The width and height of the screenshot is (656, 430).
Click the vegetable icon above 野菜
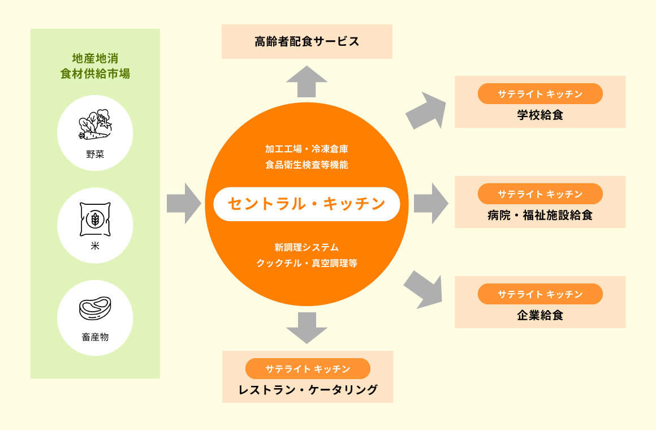point(94,125)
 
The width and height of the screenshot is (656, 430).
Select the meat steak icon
point(95,309)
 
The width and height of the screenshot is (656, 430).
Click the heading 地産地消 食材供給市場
point(95,66)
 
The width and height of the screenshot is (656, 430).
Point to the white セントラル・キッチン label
point(307,204)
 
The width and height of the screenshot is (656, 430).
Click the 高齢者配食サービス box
point(307,41)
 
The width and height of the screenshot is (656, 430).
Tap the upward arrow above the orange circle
point(307,81)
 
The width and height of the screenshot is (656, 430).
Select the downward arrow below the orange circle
point(307,327)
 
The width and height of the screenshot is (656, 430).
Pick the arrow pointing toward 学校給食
point(425,110)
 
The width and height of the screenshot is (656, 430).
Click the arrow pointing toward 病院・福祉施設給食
point(430,203)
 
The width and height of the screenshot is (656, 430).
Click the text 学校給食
point(540,115)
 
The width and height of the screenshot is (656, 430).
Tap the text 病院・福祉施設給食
point(540,216)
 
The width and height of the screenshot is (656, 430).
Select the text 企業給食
point(540,316)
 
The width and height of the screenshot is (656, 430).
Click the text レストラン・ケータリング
point(308,390)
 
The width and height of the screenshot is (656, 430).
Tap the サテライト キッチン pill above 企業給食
point(540,294)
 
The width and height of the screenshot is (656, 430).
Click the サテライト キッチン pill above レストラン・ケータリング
point(308,369)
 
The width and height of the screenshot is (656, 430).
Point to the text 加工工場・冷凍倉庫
point(307,149)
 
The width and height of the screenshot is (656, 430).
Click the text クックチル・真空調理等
point(307,263)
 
